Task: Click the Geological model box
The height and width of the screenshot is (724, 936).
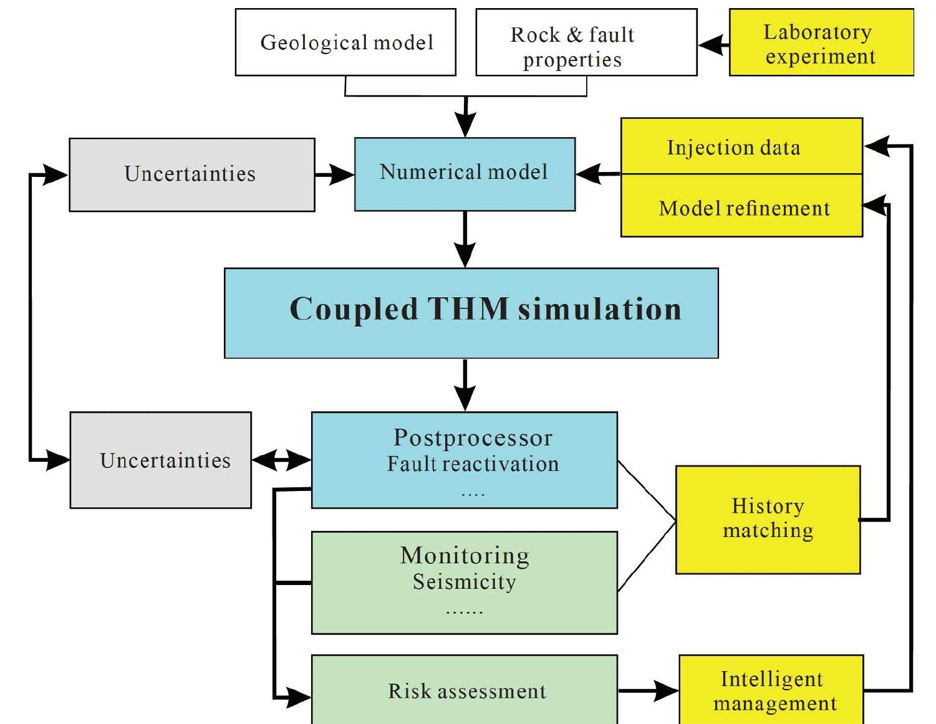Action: (x=345, y=42)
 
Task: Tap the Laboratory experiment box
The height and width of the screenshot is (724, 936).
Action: (x=821, y=43)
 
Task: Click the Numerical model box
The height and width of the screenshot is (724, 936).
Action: (x=465, y=174)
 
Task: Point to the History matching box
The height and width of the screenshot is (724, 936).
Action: (x=768, y=519)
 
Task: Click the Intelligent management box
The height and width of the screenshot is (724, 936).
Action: (x=771, y=690)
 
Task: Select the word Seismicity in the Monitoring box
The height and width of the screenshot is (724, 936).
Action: (x=465, y=581)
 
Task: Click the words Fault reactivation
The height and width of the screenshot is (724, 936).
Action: (x=473, y=464)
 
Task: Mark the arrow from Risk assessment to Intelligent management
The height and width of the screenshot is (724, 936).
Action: (x=649, y=690)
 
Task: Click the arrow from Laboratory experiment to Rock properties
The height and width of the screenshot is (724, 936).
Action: (x=713, y=45)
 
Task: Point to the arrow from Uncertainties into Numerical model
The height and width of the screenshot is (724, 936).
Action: (x=335, y=174)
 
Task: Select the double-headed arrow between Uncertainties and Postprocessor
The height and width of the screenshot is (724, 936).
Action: (x=281, y=460)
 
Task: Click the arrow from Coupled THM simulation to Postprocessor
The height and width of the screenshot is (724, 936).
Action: (x=465, y=385)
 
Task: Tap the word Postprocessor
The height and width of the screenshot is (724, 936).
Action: (x=473, y=438)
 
